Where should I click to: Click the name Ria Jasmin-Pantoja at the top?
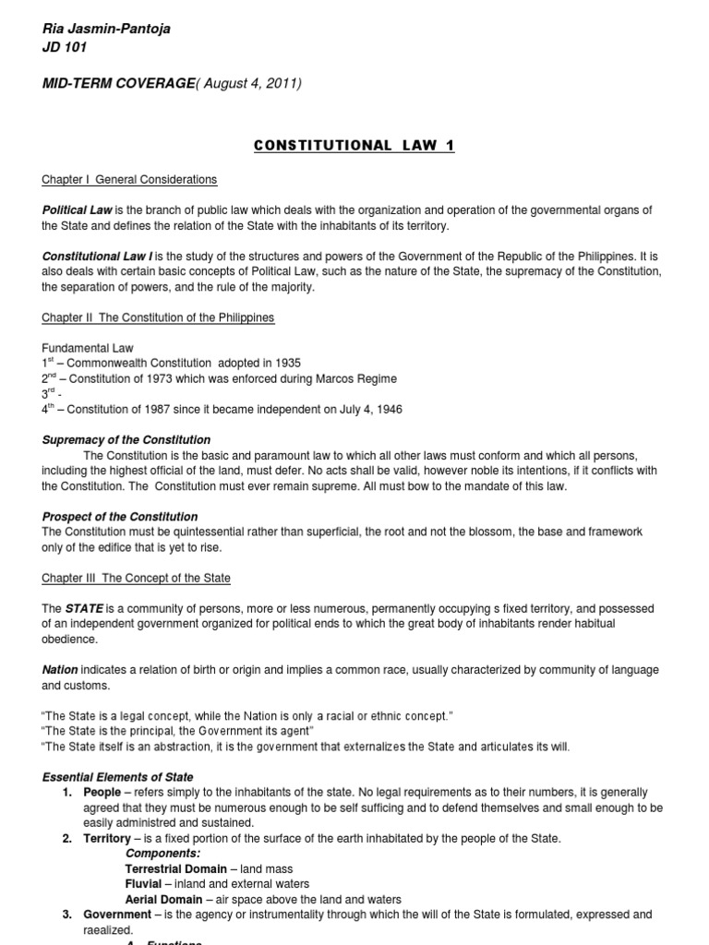(106, 29)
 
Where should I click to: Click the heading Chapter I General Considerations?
(129, 179)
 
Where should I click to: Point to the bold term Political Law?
(77, 211)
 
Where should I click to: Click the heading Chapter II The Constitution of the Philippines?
(158, 317)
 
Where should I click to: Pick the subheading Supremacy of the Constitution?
(126, 440)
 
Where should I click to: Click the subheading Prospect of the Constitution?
(120, 517)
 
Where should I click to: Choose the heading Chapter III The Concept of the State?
(137, 578)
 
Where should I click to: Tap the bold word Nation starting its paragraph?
(60, 669)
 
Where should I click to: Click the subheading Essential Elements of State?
(118, 777)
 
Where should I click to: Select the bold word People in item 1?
(102, 793)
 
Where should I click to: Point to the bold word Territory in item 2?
(107, 838)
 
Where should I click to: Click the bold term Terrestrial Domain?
(175, 868)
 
